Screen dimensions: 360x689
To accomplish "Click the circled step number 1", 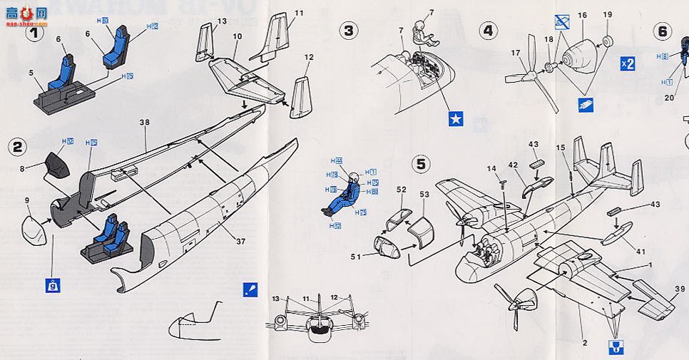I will point(35,32).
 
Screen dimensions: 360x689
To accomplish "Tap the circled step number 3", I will point(348,30).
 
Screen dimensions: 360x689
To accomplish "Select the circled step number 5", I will point(422,163).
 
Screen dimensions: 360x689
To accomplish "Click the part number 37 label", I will point(240,242).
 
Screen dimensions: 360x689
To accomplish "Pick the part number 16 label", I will point(583,14).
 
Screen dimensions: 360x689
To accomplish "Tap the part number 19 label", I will point(608,14).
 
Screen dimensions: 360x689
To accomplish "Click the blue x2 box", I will point(628,63).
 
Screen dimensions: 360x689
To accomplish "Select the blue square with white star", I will point(456,118).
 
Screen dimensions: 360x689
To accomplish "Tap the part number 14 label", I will point(491,168).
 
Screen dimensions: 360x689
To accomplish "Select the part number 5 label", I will point(31,72).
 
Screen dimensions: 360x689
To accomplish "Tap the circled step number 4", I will point(488,30).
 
